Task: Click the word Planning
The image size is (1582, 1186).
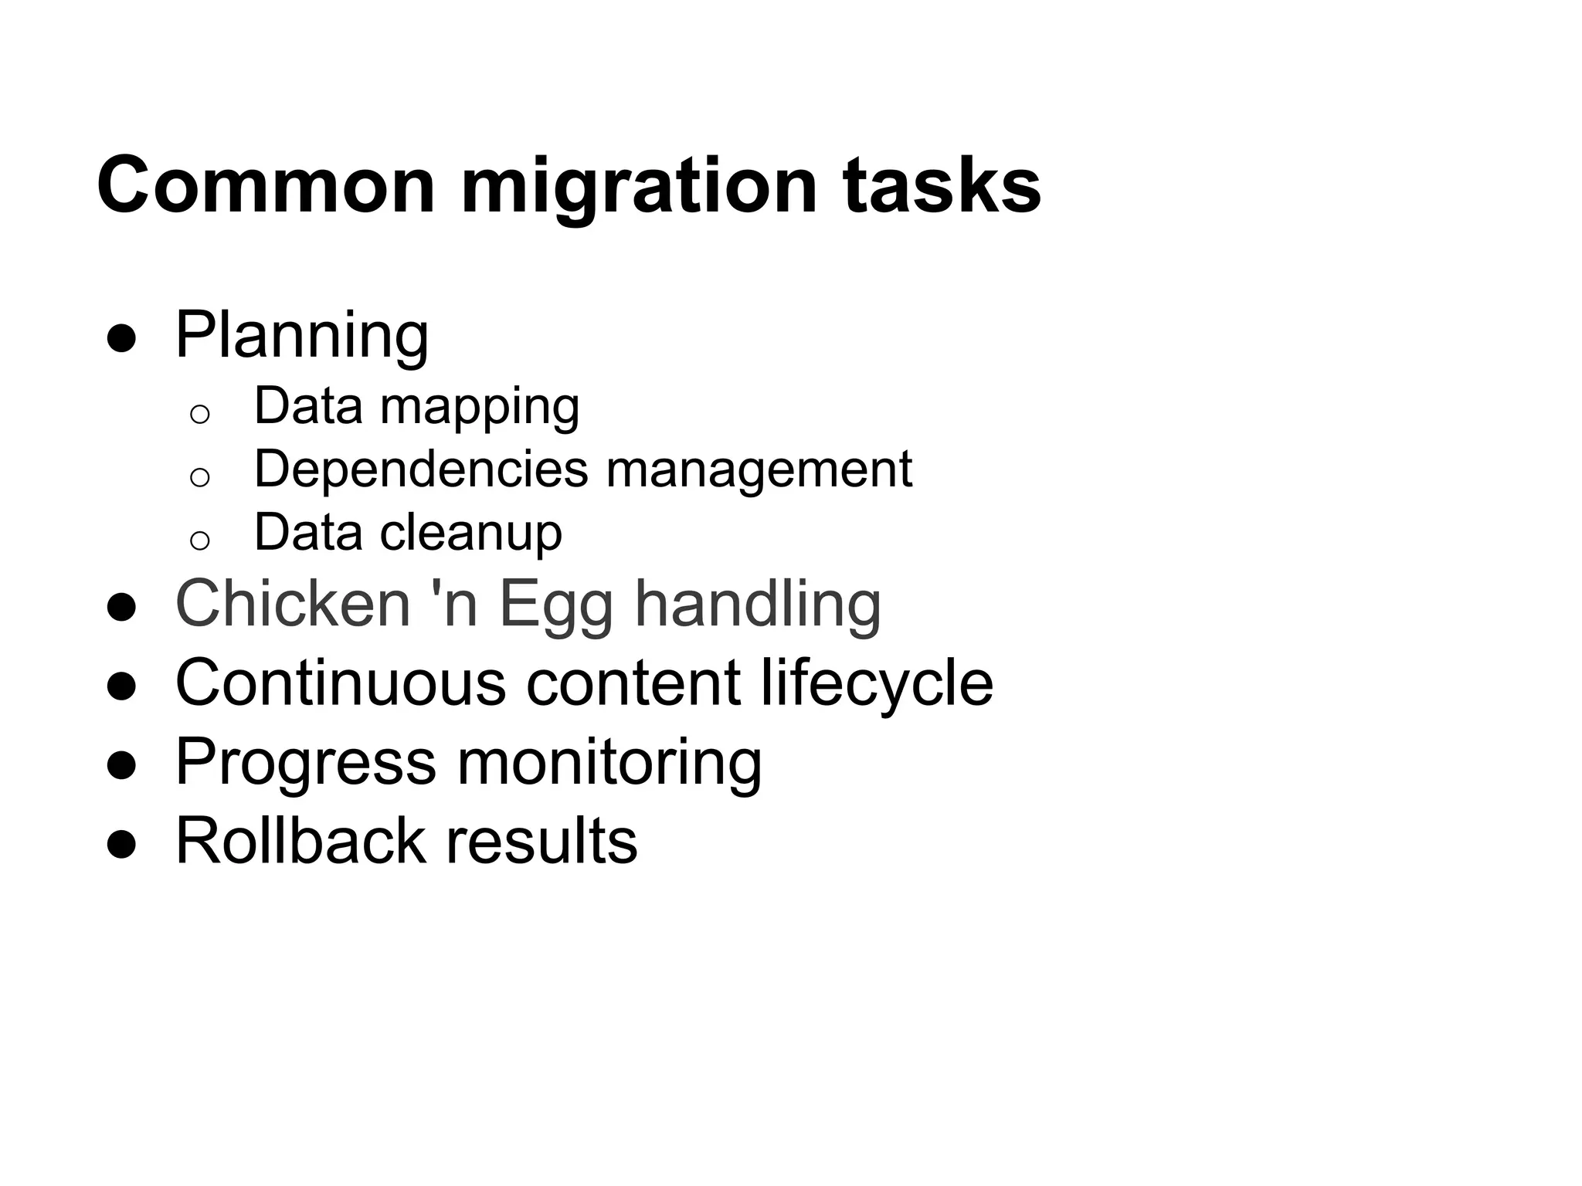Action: (302, 337)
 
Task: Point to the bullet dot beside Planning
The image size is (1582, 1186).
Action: (122, 339)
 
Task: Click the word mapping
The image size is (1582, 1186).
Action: (479, 407)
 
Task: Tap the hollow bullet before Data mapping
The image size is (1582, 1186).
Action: (199, 415)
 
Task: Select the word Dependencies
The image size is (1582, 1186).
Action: (420, 469)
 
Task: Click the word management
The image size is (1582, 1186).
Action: (759, 469)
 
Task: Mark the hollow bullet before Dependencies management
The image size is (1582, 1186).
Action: (199, 477)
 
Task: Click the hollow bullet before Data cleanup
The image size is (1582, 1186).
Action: (199, 540)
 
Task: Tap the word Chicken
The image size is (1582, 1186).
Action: (293, 604)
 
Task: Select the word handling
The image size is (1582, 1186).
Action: (758, 604)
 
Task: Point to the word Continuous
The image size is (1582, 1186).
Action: (341, 683)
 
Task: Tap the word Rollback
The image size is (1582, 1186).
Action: (300, 840)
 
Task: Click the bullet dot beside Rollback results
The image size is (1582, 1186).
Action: (122, 844)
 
